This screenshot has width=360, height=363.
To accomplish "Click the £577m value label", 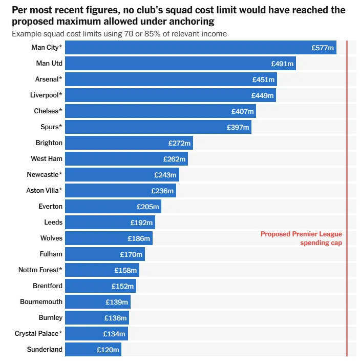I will click(323, 48).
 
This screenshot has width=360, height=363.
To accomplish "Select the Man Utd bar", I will click(180, 64).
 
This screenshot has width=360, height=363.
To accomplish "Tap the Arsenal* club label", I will click(49, 79).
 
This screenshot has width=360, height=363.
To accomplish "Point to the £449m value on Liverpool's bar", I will click(262, 95).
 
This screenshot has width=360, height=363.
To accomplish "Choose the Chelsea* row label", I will click(48, 111).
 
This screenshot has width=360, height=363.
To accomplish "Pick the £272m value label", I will click(179, 143).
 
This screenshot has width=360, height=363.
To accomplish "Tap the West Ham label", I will click(47, 159).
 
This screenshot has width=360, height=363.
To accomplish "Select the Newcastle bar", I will click(122, 175).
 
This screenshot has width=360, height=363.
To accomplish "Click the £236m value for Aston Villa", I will click(162, 191).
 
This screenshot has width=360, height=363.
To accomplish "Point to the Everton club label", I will click(50, 207).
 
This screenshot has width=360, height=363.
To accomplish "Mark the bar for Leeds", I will click(110, 223).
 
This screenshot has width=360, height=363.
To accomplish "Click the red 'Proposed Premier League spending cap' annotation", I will click(301, 238).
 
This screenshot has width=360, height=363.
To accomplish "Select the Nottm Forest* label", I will click(40, 270).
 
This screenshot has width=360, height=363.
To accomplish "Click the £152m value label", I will click(122, 286).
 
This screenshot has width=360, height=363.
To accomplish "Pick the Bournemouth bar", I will click(97, 302).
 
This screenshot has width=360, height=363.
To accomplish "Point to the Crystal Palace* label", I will click(38, 334).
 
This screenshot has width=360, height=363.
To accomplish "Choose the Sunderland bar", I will click(93, 350).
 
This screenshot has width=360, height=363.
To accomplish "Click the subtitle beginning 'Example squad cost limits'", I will click(119, 34).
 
